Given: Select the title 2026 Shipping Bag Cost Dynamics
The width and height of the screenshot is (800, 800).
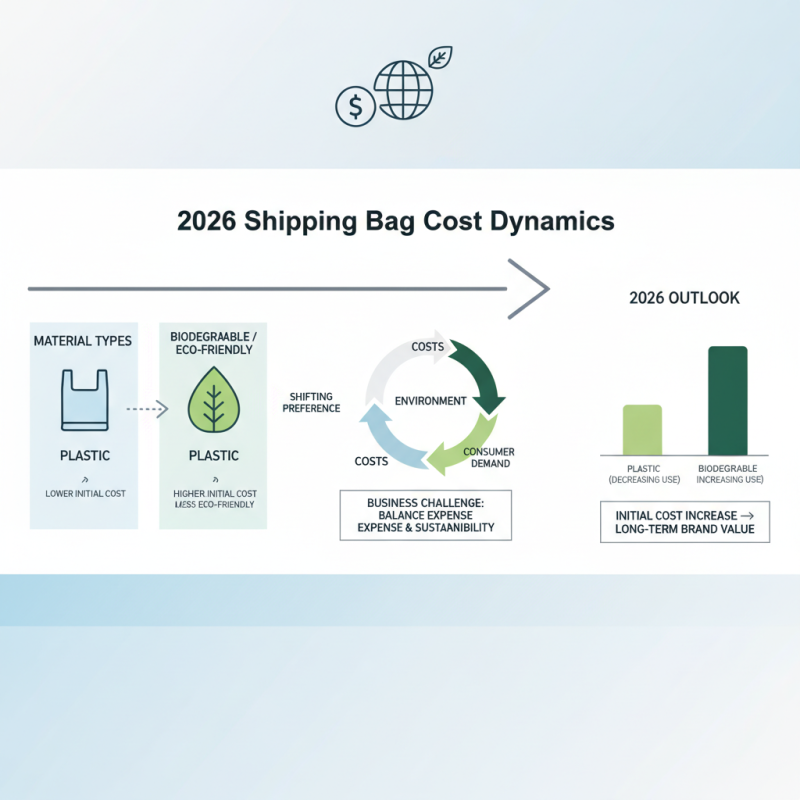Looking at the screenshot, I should (x=395, y=221).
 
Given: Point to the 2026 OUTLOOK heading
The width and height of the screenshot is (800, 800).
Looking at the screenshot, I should (x=685, y=298).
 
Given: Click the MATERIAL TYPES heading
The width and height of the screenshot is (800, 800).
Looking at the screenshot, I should (x=82, y=341).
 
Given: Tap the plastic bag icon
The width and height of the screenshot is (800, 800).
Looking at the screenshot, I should (x=84, y=400).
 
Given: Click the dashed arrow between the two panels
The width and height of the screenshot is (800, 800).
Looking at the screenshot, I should (x=145, y=409).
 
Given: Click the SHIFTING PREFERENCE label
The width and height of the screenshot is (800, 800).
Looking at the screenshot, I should (x=313, y=401).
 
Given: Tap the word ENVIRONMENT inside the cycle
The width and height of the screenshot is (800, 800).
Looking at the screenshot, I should (x=430, y=401).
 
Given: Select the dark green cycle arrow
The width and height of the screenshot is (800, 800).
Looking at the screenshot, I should (x=475, y=375).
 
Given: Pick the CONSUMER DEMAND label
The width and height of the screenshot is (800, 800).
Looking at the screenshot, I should (x=487, y=457).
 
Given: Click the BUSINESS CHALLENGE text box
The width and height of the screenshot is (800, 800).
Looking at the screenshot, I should (x=425, y=514).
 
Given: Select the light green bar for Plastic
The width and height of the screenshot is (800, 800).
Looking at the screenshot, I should (x=642, y=430).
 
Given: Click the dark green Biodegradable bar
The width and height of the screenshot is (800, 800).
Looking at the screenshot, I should (x=727, y=400).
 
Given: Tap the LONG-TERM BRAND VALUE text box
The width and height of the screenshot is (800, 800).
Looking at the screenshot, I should (x=685, y=522).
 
